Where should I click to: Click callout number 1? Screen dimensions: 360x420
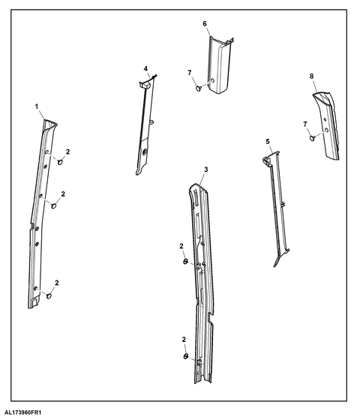[x=37, y=106]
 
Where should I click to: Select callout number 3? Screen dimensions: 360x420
[x=205, y=169]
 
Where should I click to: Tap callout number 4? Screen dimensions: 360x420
[x=145, y=68]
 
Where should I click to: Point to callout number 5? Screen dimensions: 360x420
[x=268, y=142]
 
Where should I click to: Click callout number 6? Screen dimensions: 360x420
[x=205, y=24]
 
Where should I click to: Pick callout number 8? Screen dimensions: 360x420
[x=311, y=76]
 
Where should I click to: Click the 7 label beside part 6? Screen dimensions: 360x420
[x=190, y=73]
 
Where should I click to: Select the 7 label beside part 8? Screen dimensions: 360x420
[x=305, y=124]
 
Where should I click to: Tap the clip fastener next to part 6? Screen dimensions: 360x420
[x=199, y=88]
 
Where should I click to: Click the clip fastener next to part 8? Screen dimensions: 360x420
[x=312, y=138]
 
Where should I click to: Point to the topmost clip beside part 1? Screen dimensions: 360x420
[x=61, y=162]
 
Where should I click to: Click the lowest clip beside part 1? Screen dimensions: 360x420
[x=49, y=296]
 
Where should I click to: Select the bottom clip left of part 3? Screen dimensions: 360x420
[x=185, y=356]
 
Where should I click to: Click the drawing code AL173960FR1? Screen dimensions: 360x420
[x=22, y=412]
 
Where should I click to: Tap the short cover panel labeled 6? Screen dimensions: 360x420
[x=219, y=66]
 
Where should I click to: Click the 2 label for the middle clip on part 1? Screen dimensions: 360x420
[x=63, y=194]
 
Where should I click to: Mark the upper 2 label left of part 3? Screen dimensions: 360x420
[x=181, y=246]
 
